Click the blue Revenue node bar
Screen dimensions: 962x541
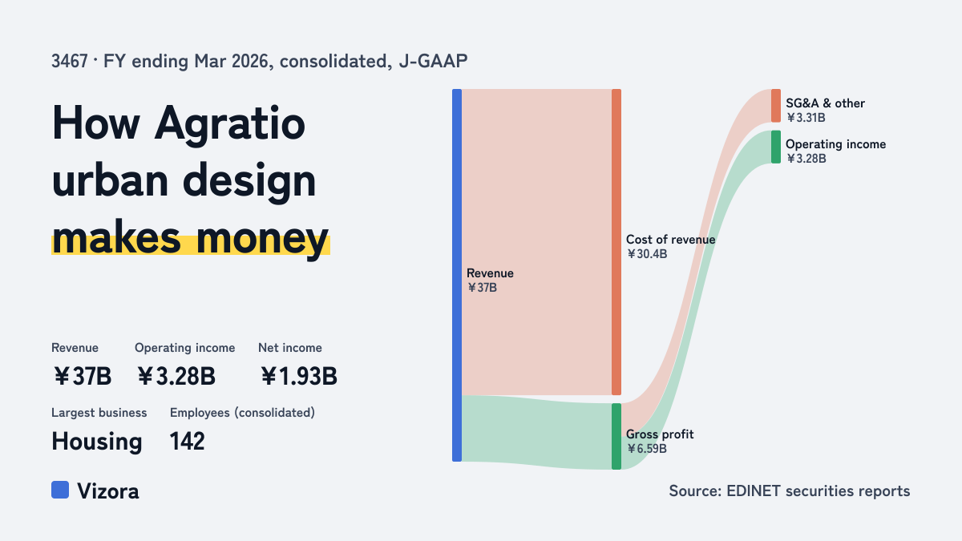pyautogui.click(x=457, y=275)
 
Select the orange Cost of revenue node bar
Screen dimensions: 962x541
pyautogui.click(x=616, y=242)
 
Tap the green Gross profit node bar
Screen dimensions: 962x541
pyautogui.click(x=616, y=436)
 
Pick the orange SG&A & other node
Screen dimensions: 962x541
pyautogui.click(x=776, y=106)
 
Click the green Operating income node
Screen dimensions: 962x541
pyautogui.click(x=776, y=147)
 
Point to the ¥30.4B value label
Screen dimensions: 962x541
pyautogui.click(x=647, y=254)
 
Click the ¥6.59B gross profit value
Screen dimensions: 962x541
pyautogui.click(x=646, y=449)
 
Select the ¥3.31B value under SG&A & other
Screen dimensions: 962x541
pyautogui.click(x=806, y=118)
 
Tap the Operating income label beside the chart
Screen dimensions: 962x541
pyautogui.click(x=835, y=144)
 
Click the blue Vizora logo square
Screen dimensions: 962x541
pyautogui.click(x=60, y=490)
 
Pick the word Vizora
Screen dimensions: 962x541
pyautogui.click(x=107, y=491)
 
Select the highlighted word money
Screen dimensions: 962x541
pyautogui.click(x=262, y=239)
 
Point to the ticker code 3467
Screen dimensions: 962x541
pyautogui.click(x=70, y=62)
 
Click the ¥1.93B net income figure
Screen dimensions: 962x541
pyautogui.click(x=299, y=377)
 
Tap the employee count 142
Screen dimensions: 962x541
pyautogui.click(x=188, y=442)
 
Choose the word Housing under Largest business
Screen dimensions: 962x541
pyautogui.click(x=97, y=442)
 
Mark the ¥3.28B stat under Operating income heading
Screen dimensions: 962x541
pyautogui.click(x=176, y=377)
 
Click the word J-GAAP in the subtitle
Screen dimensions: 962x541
pyautogui.click(x=433, y=62)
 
